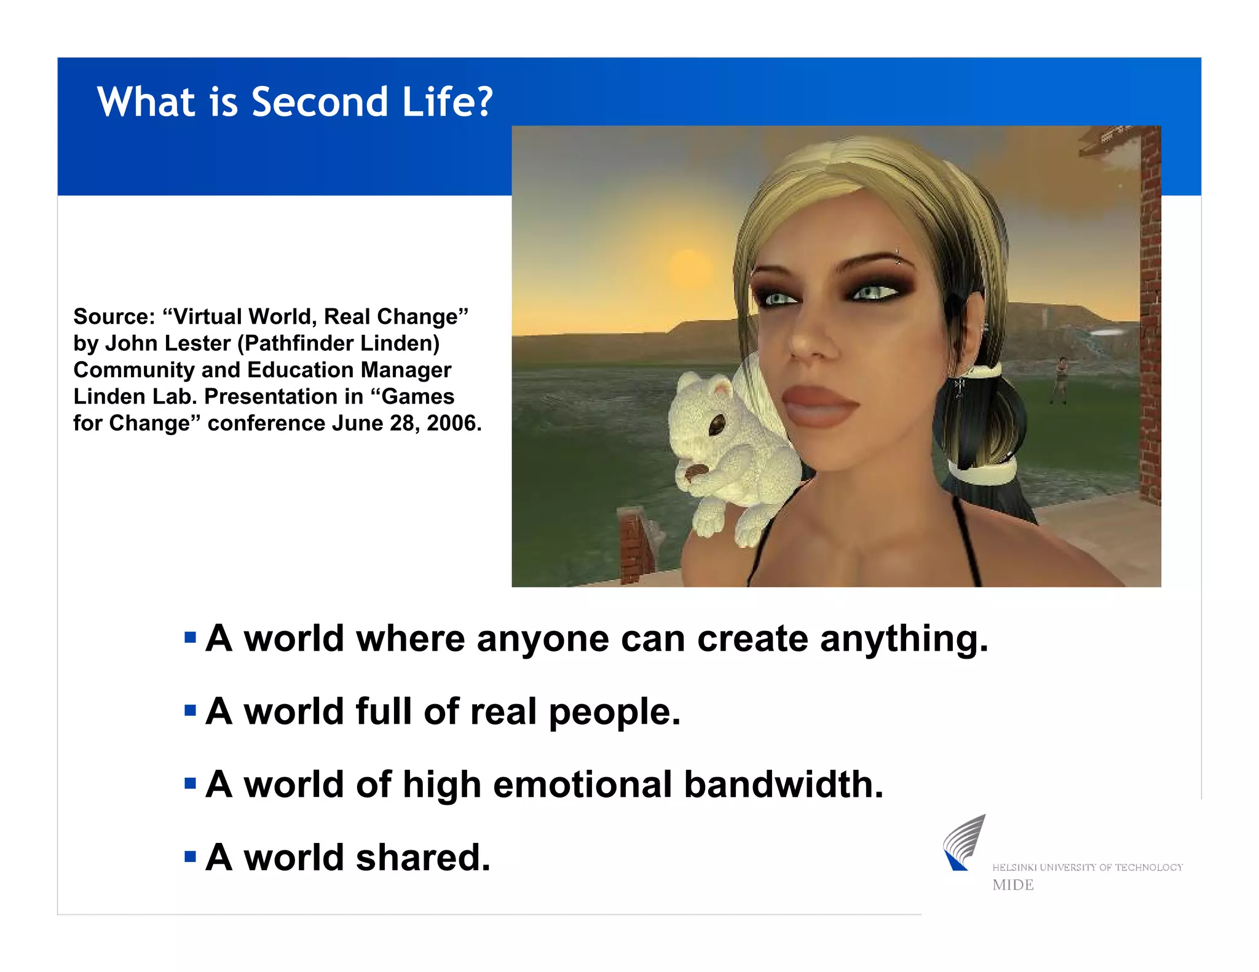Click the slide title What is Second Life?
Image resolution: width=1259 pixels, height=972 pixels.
click(x=295, y=102)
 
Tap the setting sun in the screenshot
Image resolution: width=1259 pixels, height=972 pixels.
click(x=689, y=268)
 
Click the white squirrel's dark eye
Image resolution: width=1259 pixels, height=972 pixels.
click(x=717, y=425)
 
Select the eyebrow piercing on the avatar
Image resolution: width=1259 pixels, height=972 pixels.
click(x=898, y=257)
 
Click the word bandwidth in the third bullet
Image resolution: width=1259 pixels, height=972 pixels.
click(x=783, y=785)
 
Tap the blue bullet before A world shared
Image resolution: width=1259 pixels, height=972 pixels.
click(x=190, y=856)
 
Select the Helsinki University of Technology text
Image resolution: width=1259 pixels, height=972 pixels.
click(x=1087, y=868)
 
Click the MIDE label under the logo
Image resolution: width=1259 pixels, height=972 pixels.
click(x=1012, y=885)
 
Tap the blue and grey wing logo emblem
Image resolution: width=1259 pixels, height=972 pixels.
click(x=963, y=843)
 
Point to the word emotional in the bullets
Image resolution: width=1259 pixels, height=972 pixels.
click(x=582, y=785)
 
